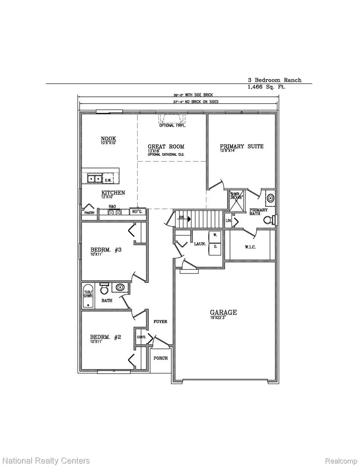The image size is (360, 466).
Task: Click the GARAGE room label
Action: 224,312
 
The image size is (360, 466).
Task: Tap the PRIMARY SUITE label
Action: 242,146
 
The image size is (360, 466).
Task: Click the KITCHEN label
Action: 112,193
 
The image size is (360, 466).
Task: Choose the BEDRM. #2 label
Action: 106,337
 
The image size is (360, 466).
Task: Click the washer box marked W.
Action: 214,236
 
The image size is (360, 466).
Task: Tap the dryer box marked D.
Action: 214,247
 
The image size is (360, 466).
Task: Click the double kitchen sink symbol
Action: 94,179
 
